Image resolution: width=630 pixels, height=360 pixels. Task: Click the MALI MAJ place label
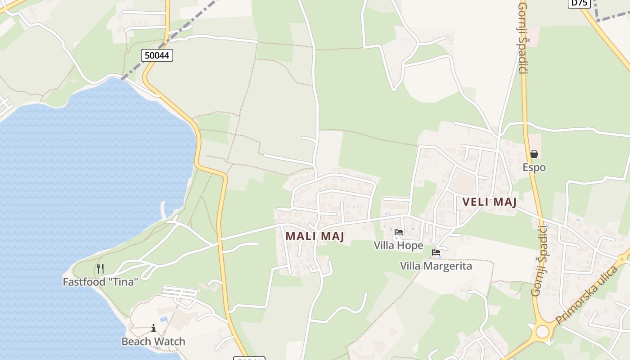coord(315,236)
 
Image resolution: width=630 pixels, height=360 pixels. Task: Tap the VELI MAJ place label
coord(489,202)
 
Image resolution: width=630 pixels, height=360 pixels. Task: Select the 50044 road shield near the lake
coord(157,55)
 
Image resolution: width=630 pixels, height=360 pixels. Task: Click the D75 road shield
coord(579,3)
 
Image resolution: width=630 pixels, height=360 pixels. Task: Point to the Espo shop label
coord(534,167)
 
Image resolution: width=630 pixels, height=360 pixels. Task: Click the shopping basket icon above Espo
coord(534,154)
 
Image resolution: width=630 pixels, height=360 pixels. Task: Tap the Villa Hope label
coord(399,245)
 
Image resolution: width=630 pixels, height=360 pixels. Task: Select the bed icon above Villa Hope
coord(399,233)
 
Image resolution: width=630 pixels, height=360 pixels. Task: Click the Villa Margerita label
coord(436,266)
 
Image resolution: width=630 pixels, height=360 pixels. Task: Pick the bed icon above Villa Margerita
coord(436,253)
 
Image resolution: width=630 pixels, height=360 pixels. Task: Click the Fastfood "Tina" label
coord(100,282)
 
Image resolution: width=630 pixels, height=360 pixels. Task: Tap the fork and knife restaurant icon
coord(100,269)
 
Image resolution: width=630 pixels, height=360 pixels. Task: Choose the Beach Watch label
coord(153,342)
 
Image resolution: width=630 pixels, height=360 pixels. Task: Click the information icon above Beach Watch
coord(153,328)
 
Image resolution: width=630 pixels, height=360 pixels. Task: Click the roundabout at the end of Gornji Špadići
coord(542,332)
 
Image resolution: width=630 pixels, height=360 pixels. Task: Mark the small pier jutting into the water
coord(165,210)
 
